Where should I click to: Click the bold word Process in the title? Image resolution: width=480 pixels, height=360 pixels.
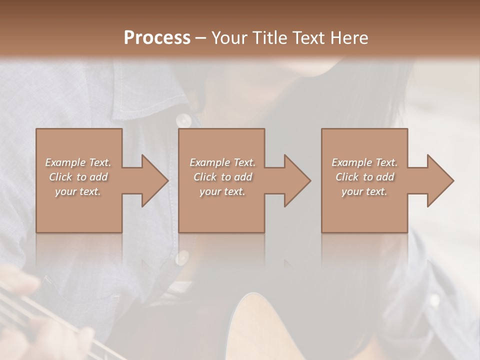tap(157, 38)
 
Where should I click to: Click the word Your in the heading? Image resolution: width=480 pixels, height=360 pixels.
tap(229, 38)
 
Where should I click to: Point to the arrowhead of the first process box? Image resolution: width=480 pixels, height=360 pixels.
tap(155, 180)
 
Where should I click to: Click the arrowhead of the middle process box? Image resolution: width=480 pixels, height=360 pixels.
tap(298, 180)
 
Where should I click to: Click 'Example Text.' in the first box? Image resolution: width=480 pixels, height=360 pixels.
tap(78, 162)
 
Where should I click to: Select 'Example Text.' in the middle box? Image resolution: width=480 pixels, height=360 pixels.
tap(222, 162)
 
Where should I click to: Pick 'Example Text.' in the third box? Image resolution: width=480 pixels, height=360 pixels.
tap(364, 162)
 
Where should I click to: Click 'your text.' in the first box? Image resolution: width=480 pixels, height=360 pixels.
tap(78, 191)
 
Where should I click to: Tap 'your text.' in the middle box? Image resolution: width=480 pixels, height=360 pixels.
tap(222, 191)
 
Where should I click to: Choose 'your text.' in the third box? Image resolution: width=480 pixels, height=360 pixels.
tap(364, 191)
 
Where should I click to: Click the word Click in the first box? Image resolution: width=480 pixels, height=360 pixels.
tap(61, 177)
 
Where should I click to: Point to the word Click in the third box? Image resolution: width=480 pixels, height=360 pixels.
tap(347, 177)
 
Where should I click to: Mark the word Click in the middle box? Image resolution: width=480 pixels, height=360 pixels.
tap(205, 177)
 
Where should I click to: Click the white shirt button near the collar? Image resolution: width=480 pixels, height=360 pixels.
tap(183, 120)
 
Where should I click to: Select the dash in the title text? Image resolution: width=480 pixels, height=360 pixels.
tap(201, 38)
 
